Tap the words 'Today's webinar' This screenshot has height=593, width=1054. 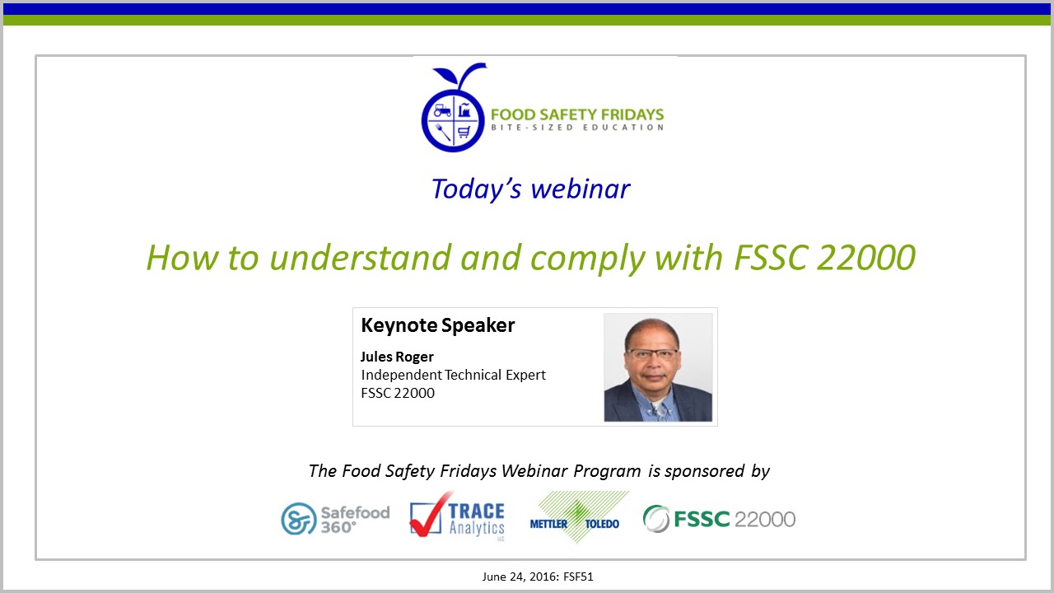coord(530,189)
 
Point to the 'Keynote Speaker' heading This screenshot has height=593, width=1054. coord(437,325)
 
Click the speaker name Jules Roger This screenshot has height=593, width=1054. coord(397,357)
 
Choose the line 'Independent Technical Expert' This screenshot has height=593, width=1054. coord(453,375)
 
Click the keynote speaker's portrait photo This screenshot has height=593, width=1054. coord(658,367)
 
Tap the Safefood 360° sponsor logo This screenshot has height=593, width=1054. coord(334,519)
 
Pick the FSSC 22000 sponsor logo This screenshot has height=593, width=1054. coord(719,519)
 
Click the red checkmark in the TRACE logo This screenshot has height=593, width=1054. coord(427,517)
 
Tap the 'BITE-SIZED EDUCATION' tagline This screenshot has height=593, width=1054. coord(577,128)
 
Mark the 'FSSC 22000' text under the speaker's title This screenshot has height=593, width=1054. coord(398,393)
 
